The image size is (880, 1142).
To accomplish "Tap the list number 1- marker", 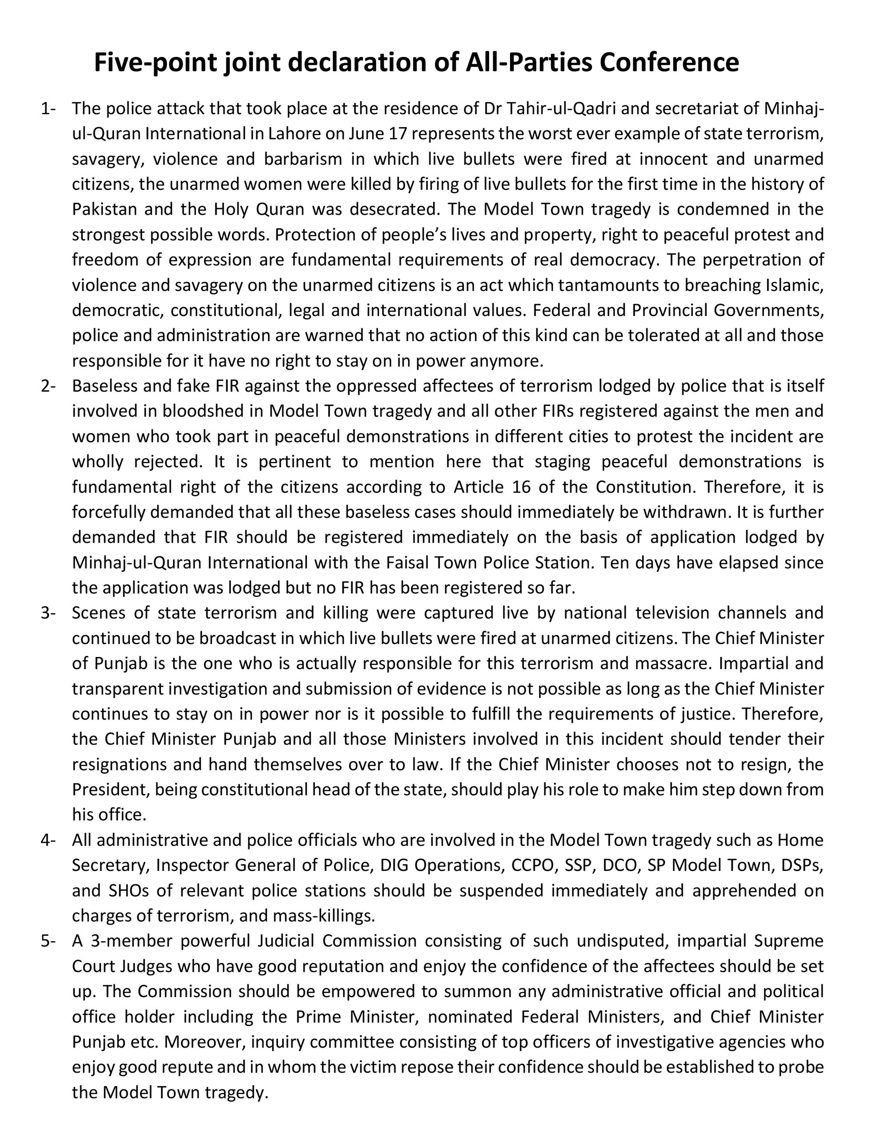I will click(x=48, y=109).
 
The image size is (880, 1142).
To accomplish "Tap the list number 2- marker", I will click(x=48, y=386).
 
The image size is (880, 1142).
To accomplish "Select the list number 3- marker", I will click(x=48, y=613).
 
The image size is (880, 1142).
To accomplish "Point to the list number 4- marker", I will click(x=48, y=840).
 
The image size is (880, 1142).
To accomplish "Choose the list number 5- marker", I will click(x=48, y=941).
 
